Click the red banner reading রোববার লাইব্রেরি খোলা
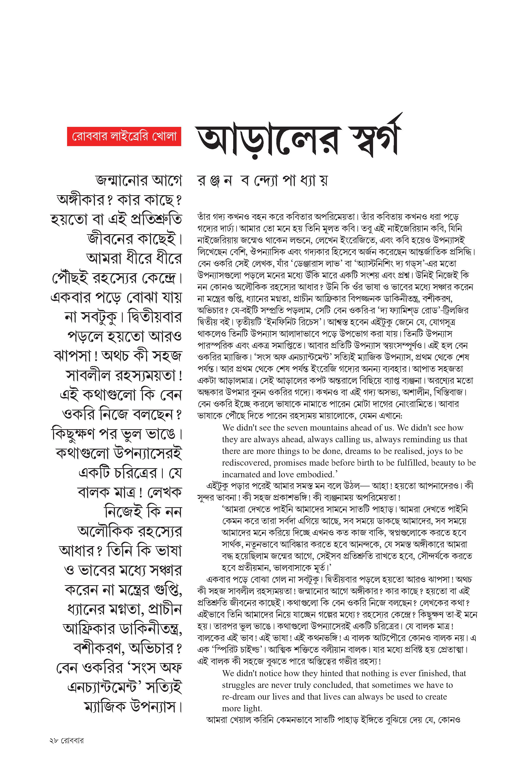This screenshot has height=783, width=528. (x=124, y=136)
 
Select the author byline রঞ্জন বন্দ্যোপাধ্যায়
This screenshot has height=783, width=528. (x=262, y=181)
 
